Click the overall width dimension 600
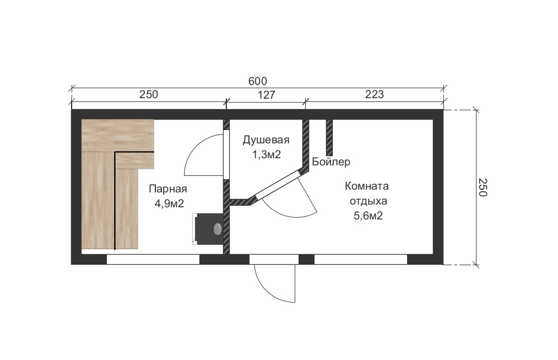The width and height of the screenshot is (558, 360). click(257, 81)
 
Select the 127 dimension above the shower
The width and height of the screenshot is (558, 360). click(266, 94)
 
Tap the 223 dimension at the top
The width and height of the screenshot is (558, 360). click(375, 94)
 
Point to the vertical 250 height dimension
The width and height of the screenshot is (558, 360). click(482, 187)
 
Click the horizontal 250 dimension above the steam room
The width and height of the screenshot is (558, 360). click(148, 94)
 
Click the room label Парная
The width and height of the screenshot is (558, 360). click(167, 189)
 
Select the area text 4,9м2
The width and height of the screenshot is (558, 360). click(169, 203)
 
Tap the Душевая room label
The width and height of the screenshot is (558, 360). click(266, 140)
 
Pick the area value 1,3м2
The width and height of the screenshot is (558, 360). click(267, 154)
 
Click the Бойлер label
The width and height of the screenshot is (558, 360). click(331, 162)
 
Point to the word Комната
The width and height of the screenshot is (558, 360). click(366, 186)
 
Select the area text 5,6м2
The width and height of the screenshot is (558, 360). click(368, 216)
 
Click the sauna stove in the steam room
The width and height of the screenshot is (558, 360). click(208, 229)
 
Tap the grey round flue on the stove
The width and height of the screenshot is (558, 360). click(218, 229)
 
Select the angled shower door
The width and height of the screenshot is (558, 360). click(277, 185)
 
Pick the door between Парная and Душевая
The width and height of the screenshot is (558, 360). click(226, 154)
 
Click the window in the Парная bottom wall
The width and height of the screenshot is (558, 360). click(153, 259)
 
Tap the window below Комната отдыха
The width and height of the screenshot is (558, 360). click(360, 259)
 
